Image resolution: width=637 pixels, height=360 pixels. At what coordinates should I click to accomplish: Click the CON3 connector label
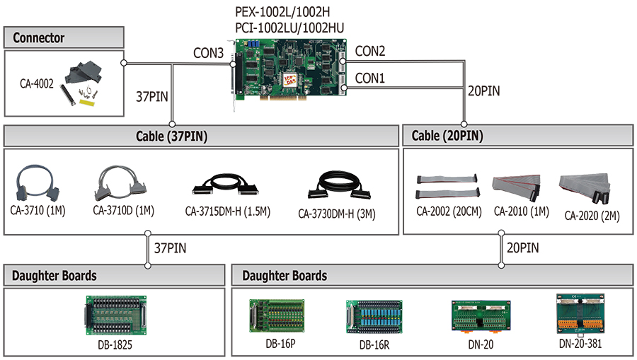pos(208,53)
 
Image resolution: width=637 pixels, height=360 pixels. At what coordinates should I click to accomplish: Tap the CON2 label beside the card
pos(369,51)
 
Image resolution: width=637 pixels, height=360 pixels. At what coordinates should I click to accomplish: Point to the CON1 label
pos(369,78)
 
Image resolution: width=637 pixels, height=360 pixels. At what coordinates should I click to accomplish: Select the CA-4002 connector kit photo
pos(83,83)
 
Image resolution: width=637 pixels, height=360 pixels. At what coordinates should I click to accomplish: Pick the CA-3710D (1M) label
pos(123,211)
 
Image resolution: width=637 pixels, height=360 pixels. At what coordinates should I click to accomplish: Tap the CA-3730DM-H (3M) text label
pos(337,214)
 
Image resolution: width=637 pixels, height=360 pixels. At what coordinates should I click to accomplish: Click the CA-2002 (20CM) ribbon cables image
pos(447,186)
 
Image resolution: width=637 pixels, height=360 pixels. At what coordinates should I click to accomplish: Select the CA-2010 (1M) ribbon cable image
pos(517,187)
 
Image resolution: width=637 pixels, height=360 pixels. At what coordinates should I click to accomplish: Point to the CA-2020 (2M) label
pos(592,216)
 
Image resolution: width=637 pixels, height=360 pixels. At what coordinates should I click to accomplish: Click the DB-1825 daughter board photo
pos(116,315)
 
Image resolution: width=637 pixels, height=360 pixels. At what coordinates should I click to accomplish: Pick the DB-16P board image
pos(277,316)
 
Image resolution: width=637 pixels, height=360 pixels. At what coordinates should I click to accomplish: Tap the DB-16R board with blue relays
pos(374,317)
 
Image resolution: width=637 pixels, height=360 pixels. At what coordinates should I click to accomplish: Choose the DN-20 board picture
pos(481,317)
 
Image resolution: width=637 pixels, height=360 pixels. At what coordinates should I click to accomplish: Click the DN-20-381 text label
pos(580,344)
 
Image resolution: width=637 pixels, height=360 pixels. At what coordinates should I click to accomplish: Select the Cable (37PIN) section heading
pos(171,136)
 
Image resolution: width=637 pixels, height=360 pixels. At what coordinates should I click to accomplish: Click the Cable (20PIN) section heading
pos(447,136)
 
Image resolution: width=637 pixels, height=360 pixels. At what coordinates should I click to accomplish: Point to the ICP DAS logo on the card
pos(289,79)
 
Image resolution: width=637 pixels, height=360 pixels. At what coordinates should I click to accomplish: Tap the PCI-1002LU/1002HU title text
pos(289,28)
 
